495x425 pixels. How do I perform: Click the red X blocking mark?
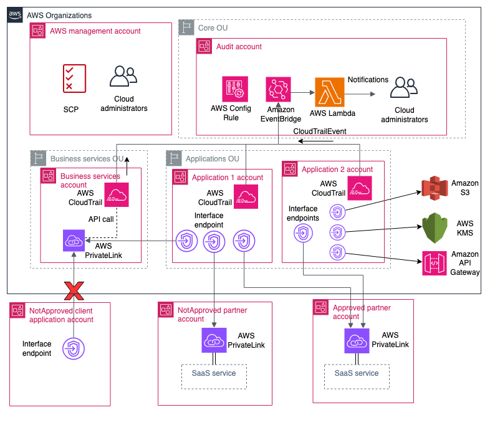coord(74,290)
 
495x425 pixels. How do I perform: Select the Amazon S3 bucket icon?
coord(435,190)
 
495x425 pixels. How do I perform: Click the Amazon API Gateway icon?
coord(435,264)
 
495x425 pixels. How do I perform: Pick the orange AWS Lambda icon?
coord(330,91)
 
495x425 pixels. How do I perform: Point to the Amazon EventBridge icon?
coord(278,90)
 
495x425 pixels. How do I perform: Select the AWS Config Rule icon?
coord(235,90)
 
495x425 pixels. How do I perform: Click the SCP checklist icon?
coord(74,79)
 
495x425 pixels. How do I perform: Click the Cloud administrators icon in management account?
coord(123,77)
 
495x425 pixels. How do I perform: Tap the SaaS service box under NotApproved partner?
coord(214,373)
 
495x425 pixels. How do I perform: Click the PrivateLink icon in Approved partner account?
coord(357,340)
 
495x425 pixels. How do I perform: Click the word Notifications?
coord(368,80)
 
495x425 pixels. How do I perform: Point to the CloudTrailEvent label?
coord(319,131)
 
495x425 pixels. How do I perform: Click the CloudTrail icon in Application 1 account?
coord(247,197)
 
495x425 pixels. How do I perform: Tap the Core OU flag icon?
coord(186,27)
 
